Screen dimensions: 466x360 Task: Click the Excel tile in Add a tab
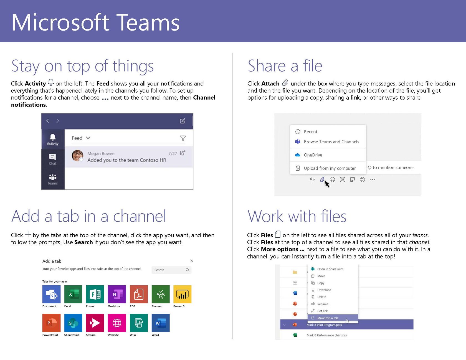(73, 294)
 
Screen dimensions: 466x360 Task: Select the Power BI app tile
(182, 294)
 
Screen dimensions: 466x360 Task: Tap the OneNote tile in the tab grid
(117, 294)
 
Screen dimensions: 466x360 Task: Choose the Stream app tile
(95, 323)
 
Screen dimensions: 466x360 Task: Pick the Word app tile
(161, 323)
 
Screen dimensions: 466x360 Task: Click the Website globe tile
(117, 323)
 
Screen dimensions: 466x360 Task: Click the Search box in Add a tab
(171, 270)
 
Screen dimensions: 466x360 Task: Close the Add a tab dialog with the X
(192, 261)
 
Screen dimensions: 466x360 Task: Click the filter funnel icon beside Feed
(183, 138)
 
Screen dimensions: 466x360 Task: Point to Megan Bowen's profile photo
(77, 156)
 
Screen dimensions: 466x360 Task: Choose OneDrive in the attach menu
(313, 155)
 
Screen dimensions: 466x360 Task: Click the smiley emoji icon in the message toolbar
(332, 179)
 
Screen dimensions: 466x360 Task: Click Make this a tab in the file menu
(328, 318)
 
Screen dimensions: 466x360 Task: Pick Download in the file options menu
(324, 290)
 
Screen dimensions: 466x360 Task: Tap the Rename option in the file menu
(323, 304)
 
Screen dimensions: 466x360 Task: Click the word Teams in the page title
(148, 22)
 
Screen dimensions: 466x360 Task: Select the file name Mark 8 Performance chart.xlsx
(327, 335)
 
